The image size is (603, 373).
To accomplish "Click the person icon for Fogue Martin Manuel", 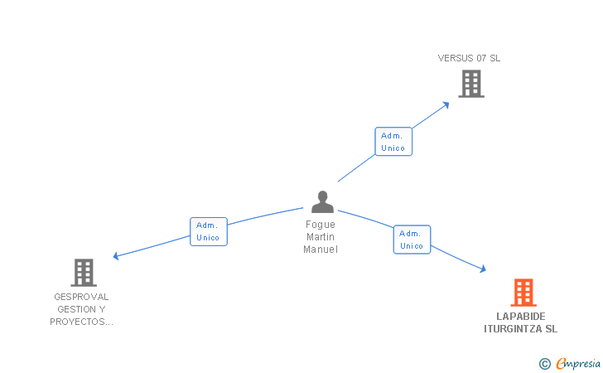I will pos(321,201).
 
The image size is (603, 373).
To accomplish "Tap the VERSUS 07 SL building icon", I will pos(470,84).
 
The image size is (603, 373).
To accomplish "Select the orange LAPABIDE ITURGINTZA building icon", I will pos(523,292).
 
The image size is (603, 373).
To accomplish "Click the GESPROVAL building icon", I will pos(83,272).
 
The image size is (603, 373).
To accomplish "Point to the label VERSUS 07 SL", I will pos(469,58).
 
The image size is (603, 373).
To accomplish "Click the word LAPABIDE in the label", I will pos(521,316).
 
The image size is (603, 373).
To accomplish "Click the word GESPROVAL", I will pos(81,297).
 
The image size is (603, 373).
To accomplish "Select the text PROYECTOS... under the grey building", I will pos(81,322).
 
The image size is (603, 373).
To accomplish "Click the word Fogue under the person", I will pos(321,225).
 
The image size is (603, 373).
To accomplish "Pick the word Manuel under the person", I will pos(321,249).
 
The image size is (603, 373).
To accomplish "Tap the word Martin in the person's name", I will pos(321,237).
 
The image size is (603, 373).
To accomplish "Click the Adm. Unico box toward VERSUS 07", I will pos(393,142).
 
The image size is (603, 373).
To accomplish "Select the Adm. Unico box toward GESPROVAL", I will pos(208,231).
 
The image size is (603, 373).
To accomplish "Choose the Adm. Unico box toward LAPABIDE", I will pos(412,240).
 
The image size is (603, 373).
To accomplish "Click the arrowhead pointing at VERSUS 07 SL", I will pos(446,104).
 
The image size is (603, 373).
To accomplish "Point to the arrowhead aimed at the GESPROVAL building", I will pos(117,256).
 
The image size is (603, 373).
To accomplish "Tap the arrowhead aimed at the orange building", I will pos(482,269).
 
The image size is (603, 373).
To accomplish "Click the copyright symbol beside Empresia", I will pos(544,363).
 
